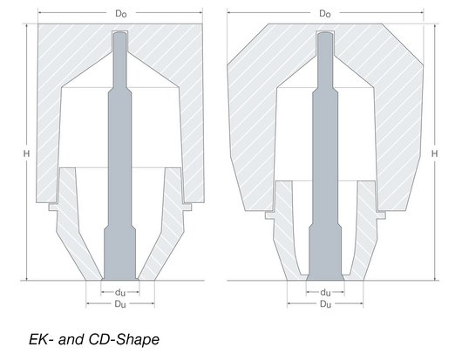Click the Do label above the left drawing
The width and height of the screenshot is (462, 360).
pyautogui.click(x=121, y=14)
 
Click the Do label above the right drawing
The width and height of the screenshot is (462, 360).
pyautogui.click(x=325, y=14)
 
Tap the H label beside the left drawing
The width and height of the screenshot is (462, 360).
pyautogui.click(x=26, y=153)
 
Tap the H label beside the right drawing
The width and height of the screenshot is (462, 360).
pyautogui.click(x=435, y=153)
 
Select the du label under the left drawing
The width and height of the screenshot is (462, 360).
pyautogui.click(x=120, y=292)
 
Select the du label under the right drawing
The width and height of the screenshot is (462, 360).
pyautogui.click(x=325, y=292)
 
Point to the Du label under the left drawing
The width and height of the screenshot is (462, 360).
pyautogui.click(x=120, y=303)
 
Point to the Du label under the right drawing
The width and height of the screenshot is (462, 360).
pyautogui.click(x=325, y=303)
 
